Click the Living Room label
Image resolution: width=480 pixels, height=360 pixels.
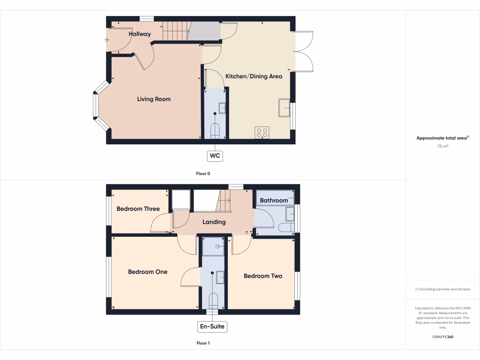pyautogui.click(x=154, y=99)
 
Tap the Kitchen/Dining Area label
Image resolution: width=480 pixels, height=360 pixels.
pyautogui.click(x=254, y=76)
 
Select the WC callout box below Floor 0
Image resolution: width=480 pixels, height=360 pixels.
pyautogui.click(x=215, y=155)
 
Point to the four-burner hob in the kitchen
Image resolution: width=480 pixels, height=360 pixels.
pyautogui.click(x=262, y=133)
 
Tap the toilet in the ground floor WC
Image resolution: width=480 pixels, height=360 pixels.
pyautogui.click(x=215, y=131)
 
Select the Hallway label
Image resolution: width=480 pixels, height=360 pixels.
pyautogui.click(x=140, y=34)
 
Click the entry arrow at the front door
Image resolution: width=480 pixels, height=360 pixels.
pyautogui.click(x=106, y=40)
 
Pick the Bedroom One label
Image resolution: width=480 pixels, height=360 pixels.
pyautogui.click(x=148, y=272)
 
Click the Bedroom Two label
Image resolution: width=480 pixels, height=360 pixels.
pyautogui.click(x=263, y=276)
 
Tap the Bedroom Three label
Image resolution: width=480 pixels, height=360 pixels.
pyautogui.click(x=138, y=209)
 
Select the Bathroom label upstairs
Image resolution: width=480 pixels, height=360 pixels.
pyautogui.click(x=274, y=201)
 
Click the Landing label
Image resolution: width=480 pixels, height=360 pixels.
pyautogui.click(x=214, y=222)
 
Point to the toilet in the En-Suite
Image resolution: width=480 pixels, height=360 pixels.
pyautogui.click(x=213, y=300)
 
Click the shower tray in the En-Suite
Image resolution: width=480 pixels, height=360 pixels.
pyautogui.click(x=213, y=247)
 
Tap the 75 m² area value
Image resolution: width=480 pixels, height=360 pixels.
pyautogui.click(x=443, y=147)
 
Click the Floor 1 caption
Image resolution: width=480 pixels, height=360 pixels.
pyautogui.click(x=203, y=343)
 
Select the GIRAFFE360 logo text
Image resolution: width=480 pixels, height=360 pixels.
pyautogui.click(x=443, y=337)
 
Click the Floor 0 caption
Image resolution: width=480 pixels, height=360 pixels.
pyautogui.click(x=203, y=173)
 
